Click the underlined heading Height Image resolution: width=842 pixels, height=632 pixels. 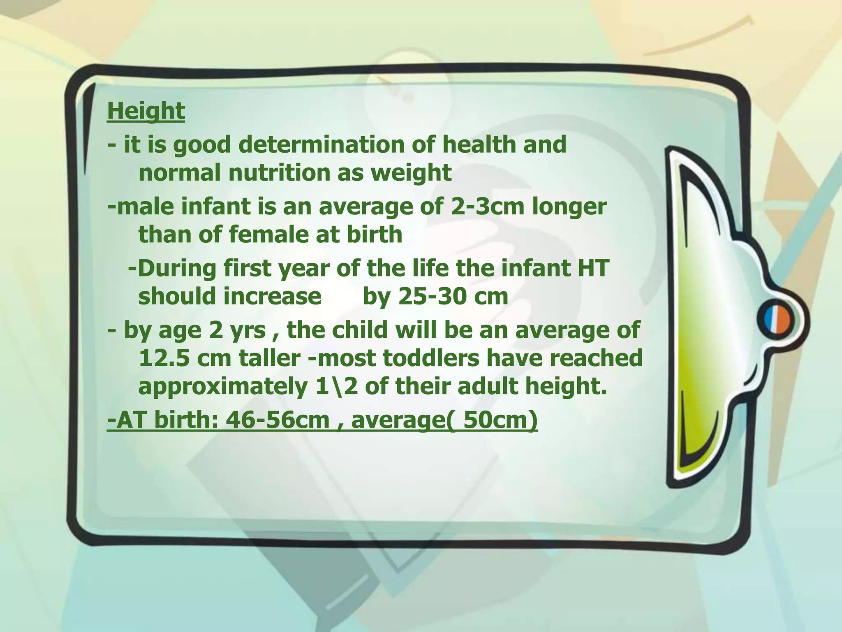click(146, 111)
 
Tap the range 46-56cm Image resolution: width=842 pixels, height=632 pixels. click(278, 420)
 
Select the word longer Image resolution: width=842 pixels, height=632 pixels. click(569, 207)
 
